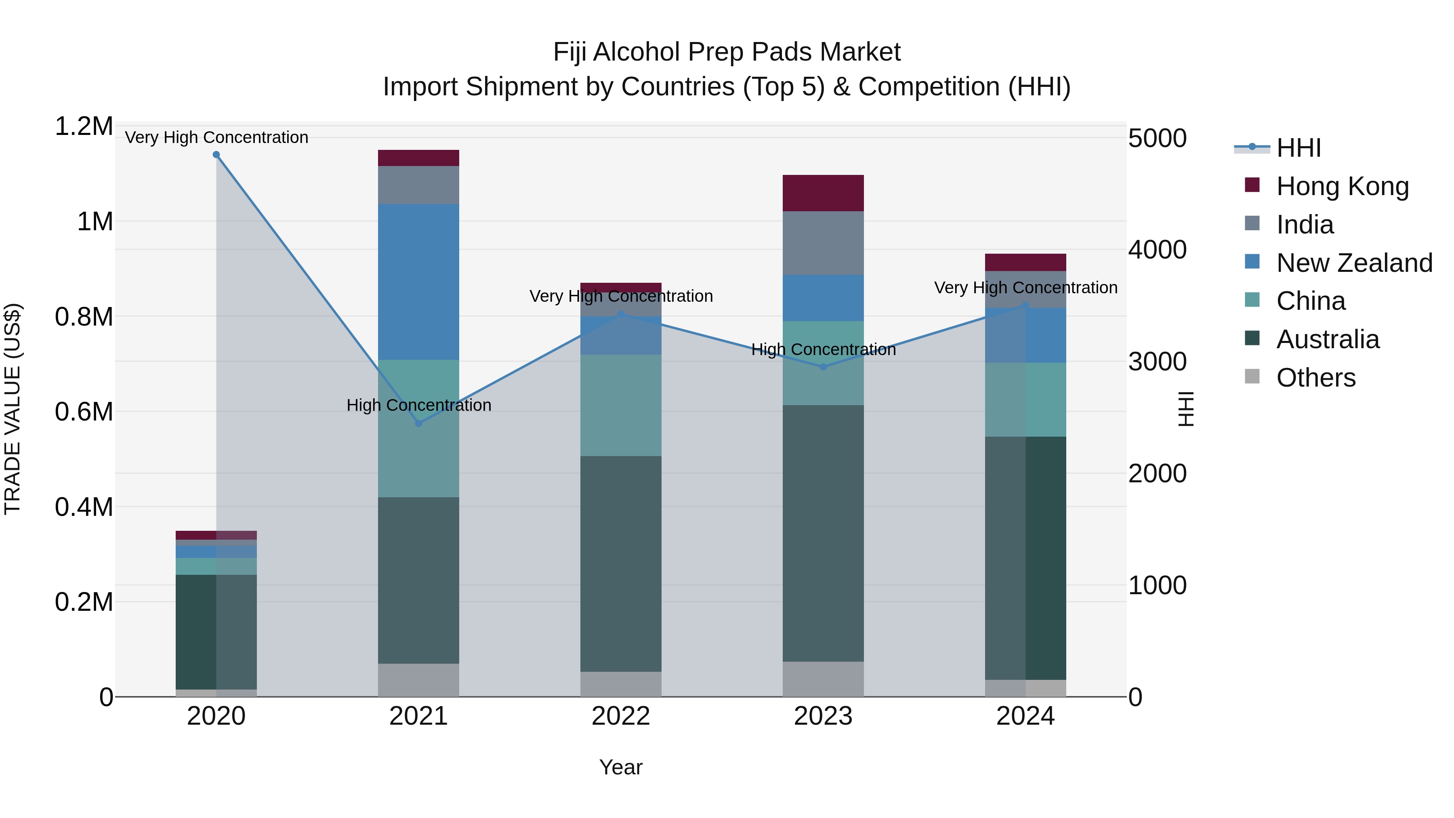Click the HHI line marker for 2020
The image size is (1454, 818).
click(x=216, y=155)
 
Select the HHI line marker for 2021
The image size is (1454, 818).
click(x=418, y=423)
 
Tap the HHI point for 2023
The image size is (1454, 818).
click(x=823, y=367)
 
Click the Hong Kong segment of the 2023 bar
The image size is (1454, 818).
click(x=823, y=193)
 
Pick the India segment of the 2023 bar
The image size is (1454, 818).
click(x=823, y=243)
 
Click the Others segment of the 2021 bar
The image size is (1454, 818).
click(x=418, y=680)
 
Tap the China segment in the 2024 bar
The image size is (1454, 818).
click(x=1025, y=400)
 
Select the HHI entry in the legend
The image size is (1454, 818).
click(x=1298, y=148)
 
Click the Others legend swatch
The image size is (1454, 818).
click(x=1252, y=376)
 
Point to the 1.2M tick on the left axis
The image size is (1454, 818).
click(x=84, y=126)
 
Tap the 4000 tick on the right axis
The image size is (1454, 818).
click(x=1157, y=250)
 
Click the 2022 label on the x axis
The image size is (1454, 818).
click(x=621, y=716)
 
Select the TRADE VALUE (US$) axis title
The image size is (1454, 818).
click(x=13, y=409)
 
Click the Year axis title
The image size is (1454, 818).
click(x=621, y=767)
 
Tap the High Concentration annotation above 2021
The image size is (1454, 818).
click(x=419, y=405)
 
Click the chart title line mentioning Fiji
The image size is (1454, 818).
click(x=727, y=52)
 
